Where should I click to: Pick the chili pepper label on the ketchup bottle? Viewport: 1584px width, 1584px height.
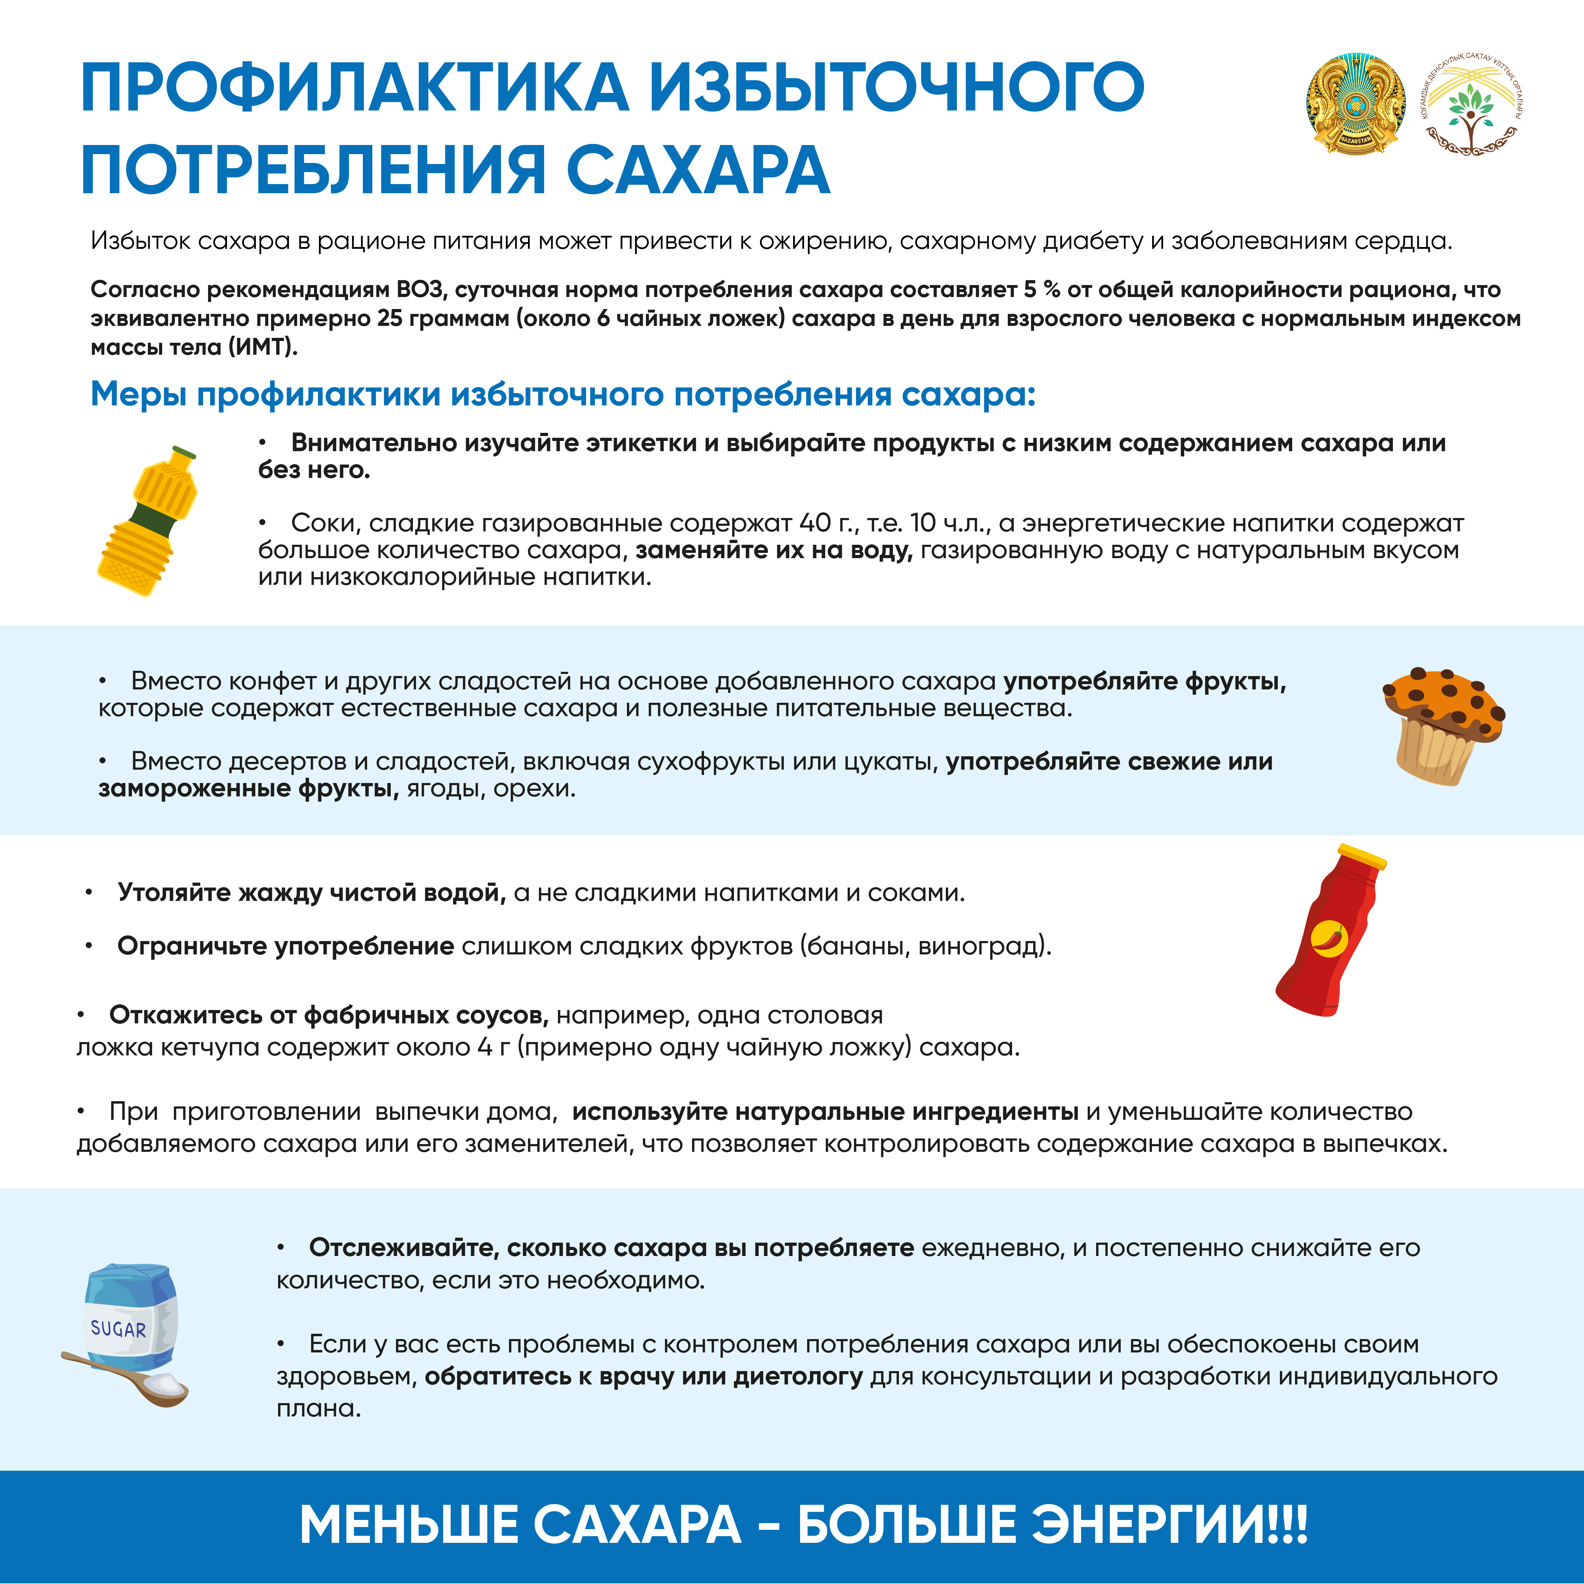(1328, 937)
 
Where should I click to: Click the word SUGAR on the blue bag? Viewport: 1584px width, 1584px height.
(118, 1329)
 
